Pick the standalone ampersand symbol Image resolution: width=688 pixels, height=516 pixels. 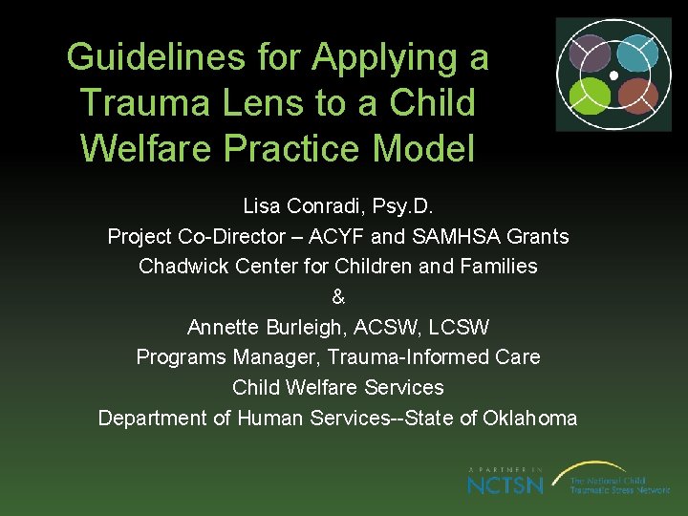338,297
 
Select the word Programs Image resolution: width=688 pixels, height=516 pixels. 180,357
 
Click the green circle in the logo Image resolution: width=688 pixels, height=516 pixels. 591,94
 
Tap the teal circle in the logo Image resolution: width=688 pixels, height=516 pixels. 634,53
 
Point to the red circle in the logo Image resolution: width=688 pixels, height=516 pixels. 635,94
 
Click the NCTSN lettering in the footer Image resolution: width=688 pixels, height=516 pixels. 505,484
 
